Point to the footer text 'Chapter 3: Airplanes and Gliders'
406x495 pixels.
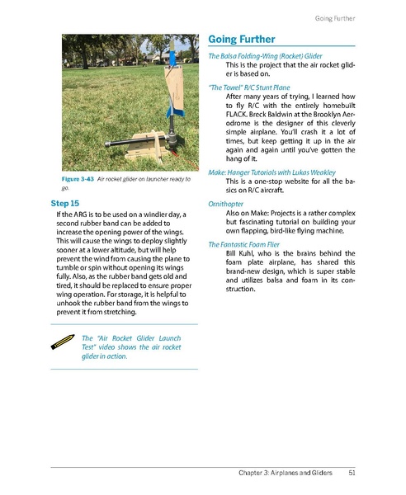(280, 473)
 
